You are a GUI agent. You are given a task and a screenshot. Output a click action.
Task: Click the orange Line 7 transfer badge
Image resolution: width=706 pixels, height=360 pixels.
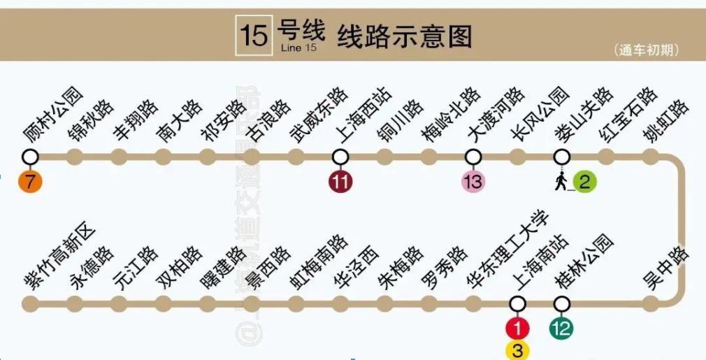30,182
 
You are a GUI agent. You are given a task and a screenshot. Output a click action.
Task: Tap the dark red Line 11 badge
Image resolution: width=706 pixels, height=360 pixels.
340,182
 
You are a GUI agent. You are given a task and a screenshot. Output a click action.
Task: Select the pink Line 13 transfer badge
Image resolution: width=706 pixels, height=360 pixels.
473,182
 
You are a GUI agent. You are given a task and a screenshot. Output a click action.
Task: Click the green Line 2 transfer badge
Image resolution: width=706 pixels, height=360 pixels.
585,182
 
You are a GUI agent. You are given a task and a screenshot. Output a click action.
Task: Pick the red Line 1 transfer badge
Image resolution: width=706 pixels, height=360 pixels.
517,328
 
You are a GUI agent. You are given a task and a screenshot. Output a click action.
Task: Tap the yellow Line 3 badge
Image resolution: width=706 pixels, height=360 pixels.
517,350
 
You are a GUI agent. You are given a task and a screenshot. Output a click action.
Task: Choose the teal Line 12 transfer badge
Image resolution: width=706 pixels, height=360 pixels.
561,328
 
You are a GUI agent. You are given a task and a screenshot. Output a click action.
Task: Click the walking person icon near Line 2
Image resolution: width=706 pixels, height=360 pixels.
561,181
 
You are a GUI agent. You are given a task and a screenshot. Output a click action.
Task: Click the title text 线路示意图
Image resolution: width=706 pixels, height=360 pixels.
404,35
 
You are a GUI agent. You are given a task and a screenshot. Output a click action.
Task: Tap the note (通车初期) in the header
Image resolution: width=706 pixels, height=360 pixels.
647,50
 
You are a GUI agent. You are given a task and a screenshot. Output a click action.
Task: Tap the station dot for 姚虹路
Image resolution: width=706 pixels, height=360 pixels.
651,156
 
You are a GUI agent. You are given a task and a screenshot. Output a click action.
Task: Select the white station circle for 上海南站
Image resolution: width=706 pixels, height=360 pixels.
517,303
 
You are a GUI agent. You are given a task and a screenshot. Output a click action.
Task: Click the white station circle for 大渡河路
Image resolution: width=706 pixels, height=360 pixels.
473,156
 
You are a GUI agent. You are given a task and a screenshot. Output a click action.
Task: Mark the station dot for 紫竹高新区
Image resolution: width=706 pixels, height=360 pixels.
30,303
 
